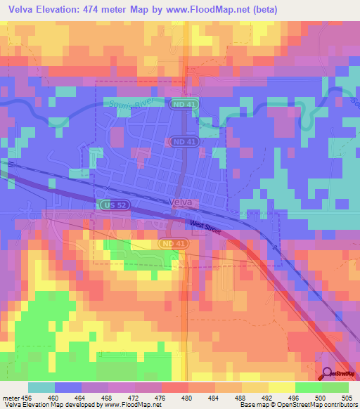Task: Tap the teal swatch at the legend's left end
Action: tap(41, 387)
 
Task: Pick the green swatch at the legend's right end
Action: tap(335, 387)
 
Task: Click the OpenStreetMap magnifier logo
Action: tap(328, 373)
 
